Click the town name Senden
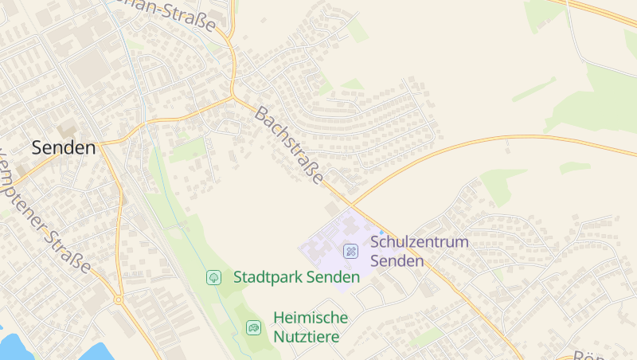pyautogui.click(x=64, y=147)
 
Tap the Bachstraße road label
pyautogui.click(x=288, y=147)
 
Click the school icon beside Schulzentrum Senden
pyautogui.click(x=350, y=251)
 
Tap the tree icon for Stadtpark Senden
pyautogui.click(x=213, y=277)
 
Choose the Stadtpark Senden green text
pyautogui.click(x=296, y=277)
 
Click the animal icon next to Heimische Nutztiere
pyautogui.click(x=253, y=327)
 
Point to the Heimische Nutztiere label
pyautogui.click(x=310, y=327)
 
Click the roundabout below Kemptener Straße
pyautogui.click(x=119, y=299)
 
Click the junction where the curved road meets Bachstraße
pyautogui.click(x=350, y=206)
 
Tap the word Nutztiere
pyautogui.click(x=306, y=337)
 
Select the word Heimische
pyautogui.click(x=310, y=317)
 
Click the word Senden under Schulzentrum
pyautogui.click(x=397, y=260)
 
